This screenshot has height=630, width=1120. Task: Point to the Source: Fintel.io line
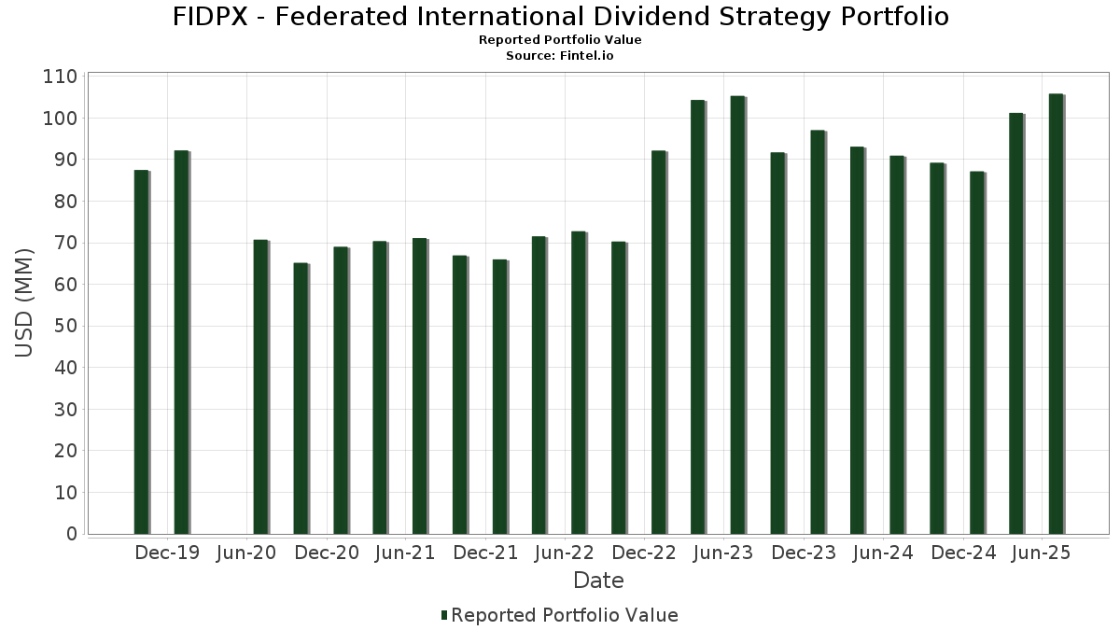click(560, 56)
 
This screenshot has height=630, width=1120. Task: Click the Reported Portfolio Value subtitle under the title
click(560, 40)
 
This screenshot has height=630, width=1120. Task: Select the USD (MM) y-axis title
click(25, 302)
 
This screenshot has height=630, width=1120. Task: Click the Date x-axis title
click(598, 581)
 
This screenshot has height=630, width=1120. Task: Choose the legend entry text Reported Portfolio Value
click(565, 615)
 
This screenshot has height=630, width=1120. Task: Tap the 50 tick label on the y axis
click(65, 326)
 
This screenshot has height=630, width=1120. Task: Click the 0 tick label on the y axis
click(72, 534)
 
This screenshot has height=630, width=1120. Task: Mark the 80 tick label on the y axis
click(65, 202)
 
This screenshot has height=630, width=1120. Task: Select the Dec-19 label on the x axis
click(167, 553)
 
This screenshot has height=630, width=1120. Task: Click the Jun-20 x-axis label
click(246, 553)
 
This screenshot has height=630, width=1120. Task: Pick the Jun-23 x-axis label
click(723, 553)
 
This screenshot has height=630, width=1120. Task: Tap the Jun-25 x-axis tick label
click(1042, 553)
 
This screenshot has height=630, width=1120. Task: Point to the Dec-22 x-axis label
click(644, 553)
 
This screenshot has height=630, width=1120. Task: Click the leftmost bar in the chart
click(141, 353)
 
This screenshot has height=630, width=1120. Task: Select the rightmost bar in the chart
click(1056, 315)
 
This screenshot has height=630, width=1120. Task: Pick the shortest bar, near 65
click(301, 399)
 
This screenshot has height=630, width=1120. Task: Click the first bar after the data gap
click(260, 387)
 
